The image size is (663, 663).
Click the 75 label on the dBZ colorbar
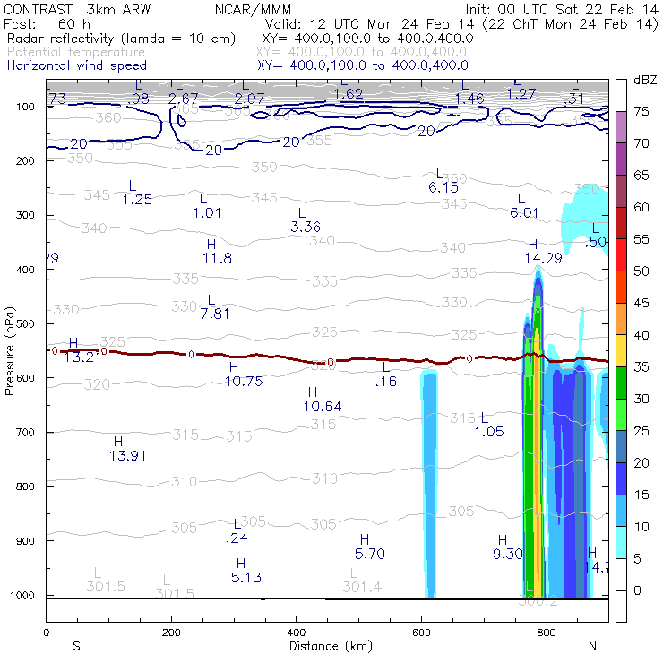(641, 111)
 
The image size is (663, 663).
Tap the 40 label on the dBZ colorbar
(641, 334)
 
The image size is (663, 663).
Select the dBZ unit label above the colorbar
(645, 80)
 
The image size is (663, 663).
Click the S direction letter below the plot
(77, 646)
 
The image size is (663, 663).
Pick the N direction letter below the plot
(592, 646)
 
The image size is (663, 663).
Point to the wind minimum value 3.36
(306, 227)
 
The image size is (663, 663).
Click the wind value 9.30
(508, 553)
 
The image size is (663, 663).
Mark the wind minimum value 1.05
(489, 432)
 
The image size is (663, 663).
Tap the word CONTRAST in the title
(35, 9)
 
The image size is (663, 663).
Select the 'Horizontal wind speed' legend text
(76, 65)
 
